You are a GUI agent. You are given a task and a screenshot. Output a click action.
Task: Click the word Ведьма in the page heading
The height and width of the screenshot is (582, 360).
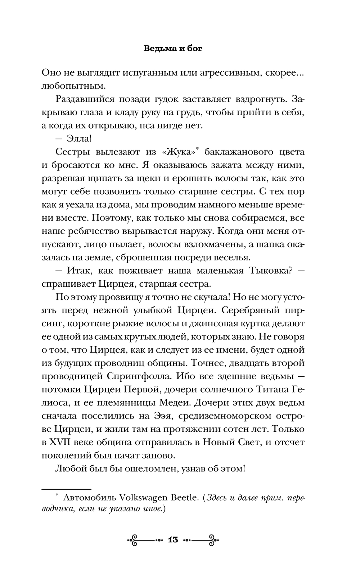point(157,48)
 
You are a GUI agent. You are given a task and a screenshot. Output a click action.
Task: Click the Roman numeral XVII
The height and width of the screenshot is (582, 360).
point(63,442)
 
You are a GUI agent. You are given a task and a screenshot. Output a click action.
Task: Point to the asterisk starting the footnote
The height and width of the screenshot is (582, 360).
point(57,496)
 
